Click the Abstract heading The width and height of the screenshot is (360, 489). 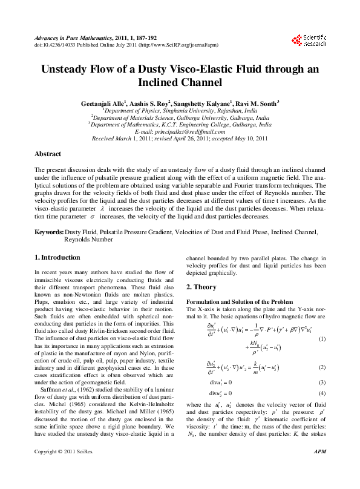(48, 154)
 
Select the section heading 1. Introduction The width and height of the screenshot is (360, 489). (57, 258)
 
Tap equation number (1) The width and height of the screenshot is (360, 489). (322, 338)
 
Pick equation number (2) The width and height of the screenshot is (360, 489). (322, 367)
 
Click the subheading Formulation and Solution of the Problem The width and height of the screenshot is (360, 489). (240, 301)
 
